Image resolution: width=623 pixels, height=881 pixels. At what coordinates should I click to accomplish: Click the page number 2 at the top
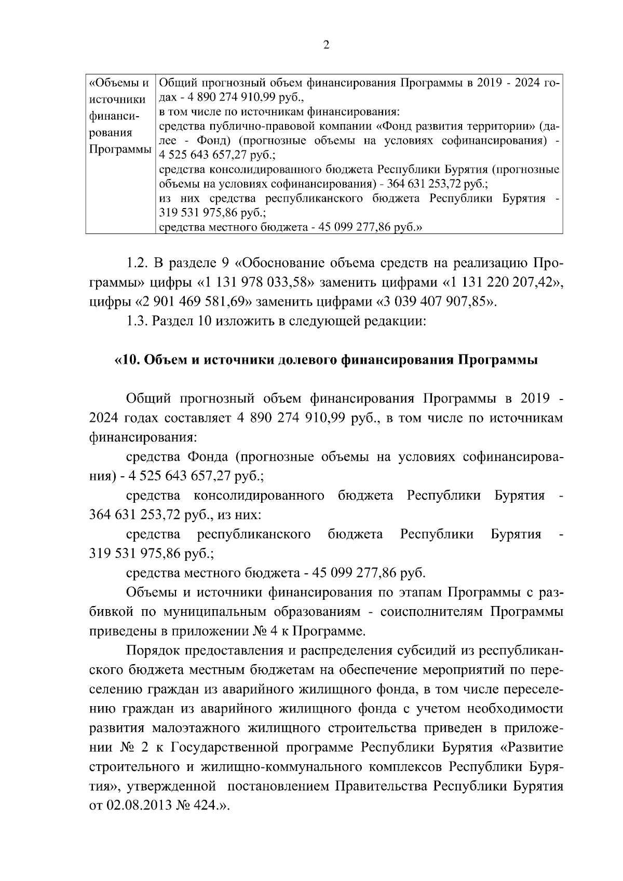(327, 45)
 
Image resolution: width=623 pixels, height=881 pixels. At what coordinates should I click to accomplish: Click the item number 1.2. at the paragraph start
(138, 263)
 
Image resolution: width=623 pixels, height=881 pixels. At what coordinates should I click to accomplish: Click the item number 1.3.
(138, 321)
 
